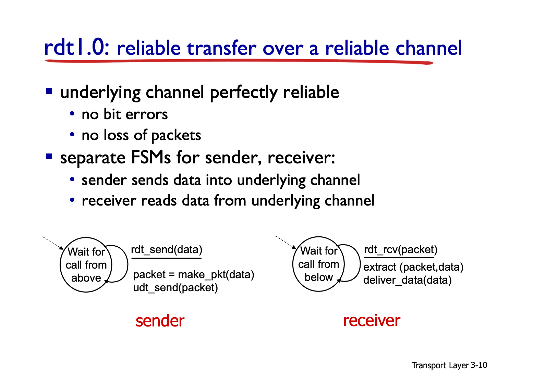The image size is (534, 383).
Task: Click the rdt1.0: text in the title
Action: pos(77,48)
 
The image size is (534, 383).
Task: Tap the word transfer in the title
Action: pos(221,48)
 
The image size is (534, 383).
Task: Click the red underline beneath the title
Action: pos(239,61)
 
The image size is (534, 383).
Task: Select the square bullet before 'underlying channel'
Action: pos(49,91)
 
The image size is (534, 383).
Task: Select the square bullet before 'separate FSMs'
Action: pos(49,157)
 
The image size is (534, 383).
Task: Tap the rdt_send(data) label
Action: pos(167,249)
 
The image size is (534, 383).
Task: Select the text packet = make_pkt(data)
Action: pos(194,274)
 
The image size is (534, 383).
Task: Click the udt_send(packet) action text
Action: pos(175,288)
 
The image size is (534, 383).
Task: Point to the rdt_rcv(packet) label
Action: pos(401,249)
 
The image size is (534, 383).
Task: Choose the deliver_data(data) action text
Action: pos(408,280)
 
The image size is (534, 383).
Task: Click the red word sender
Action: pos(160,321)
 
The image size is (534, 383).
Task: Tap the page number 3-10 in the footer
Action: pos(479,365)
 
